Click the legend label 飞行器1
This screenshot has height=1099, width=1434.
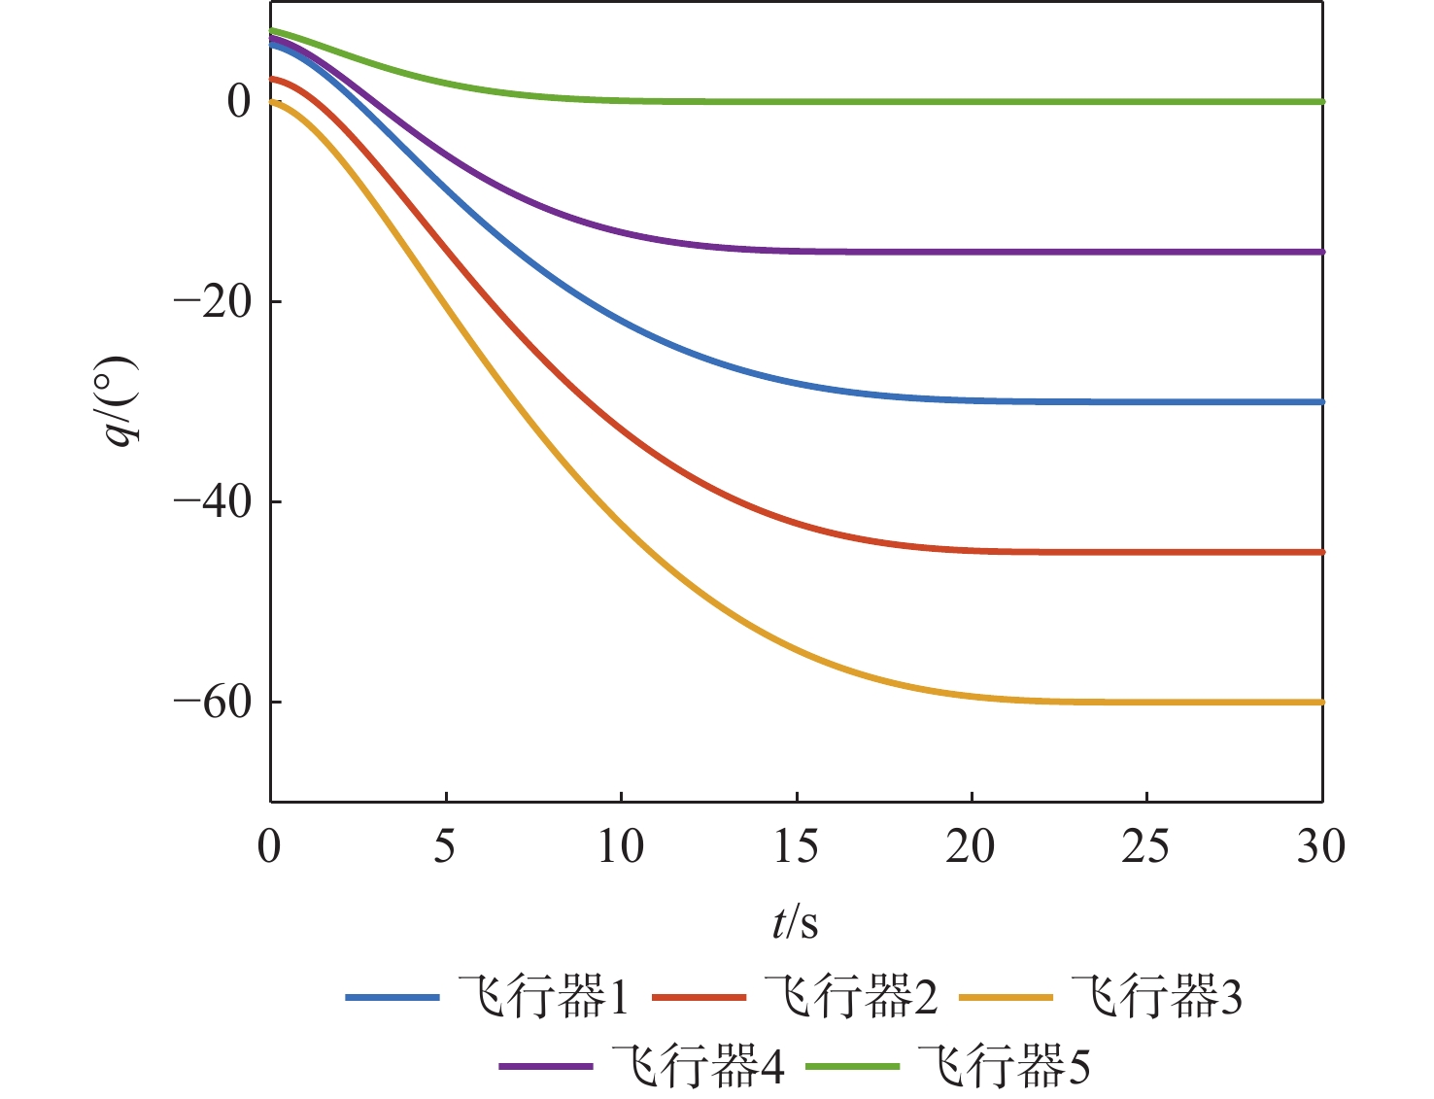544,998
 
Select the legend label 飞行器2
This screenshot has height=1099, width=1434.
851,998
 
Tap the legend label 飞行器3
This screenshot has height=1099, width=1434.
1157,998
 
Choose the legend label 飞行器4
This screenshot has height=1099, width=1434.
698,1067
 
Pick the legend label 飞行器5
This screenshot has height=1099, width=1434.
1005,1067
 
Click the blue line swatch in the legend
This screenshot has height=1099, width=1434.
393,998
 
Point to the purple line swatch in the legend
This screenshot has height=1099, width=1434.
546,1067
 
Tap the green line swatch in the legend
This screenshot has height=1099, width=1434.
853,1067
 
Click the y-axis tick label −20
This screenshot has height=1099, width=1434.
214,302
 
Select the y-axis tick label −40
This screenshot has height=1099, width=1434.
214,502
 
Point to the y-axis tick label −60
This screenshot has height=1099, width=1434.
214,703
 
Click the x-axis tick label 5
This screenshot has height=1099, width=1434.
445,847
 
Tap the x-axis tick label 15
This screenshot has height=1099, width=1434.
796,847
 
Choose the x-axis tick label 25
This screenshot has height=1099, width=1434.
1146,847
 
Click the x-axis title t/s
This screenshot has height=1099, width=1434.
796,922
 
